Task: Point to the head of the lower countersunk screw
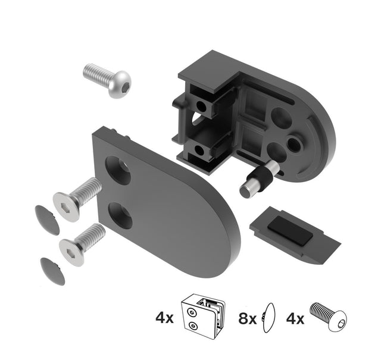pos(72,250)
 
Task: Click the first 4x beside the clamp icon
pos(164,318)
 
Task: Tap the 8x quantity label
pos(247,318)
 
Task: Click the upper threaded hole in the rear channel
pos(201,107)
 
